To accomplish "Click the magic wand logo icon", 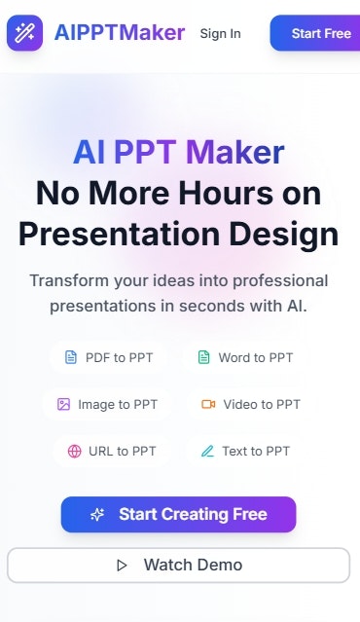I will click(x=24, y=33).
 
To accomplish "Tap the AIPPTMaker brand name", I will click(x=120, y=33).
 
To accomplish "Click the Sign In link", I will click(x=220, y=34).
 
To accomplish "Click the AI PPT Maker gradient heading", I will click(x=179, y=152).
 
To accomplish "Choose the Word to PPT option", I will click(x=245, y=357).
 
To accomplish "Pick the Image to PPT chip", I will click(x=106, y=404).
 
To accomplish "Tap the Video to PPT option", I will click(x=250, y=404).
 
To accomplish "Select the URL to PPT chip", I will click(x=112, y=451).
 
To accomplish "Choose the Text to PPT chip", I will click(x=244, y=451).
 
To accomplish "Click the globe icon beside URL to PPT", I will click(x=75, y=451).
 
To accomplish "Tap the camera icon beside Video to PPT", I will click(x=207, y=404).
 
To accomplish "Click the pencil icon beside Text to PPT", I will click(x=206, y=451).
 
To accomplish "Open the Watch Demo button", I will click(x=178, y=565).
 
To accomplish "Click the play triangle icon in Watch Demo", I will click(x=123, y=565).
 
